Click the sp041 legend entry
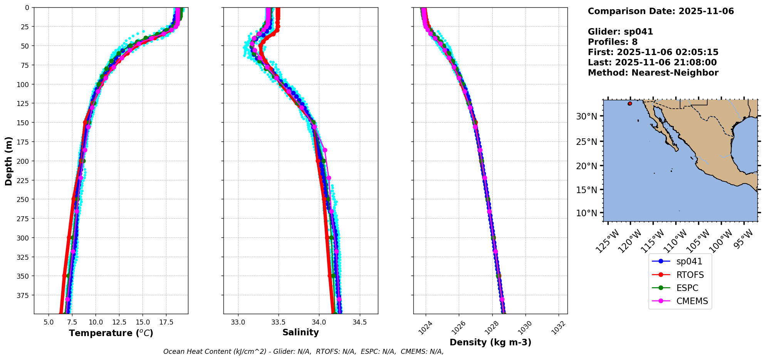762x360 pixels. click(689, 261)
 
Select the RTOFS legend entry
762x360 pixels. click(690, 275)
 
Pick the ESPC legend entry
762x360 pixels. click(687, 288)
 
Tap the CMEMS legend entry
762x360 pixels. click(692, 301)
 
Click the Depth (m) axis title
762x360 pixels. click(8, 161)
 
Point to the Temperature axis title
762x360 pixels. click(111, 333)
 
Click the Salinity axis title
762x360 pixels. click(300, 333)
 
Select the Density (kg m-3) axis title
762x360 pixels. click(490, 342)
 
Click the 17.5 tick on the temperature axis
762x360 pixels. click(166, 322)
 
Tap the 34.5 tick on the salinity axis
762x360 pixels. click(359, 322)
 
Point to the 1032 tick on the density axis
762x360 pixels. click(558, 328)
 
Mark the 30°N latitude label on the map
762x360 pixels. click(586, 116)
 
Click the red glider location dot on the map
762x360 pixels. click(630, 104)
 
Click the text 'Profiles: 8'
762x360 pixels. click(613, 42)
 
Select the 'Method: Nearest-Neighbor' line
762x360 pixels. click(653, 73)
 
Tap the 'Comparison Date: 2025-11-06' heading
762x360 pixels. click(661, 11)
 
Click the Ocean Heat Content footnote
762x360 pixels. click(303, 352)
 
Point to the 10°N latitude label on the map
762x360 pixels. click(586, 213)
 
